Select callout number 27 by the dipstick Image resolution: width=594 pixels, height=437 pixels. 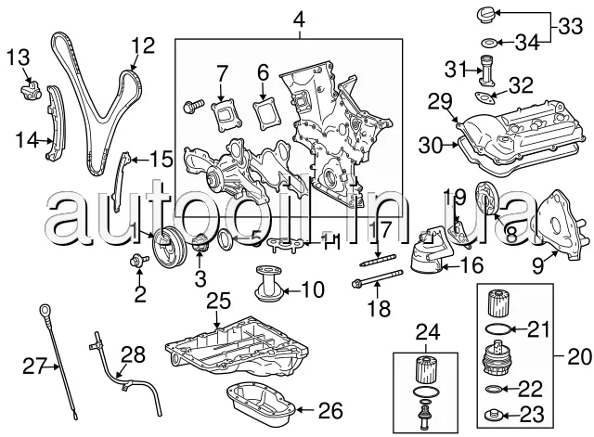(x=34, y=366)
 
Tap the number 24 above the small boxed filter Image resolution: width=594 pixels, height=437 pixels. (x=427, y=330)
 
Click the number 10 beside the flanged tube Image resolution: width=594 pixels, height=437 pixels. (x=314, y=289)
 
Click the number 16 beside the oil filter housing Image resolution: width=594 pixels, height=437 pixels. (x=471, y=266)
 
